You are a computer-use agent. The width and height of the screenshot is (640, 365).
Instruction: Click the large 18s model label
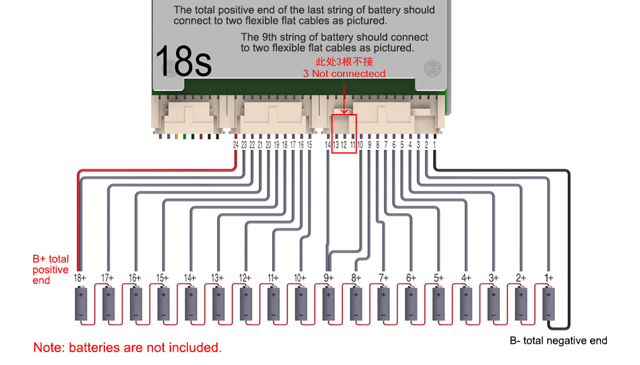click(x=184, y=61)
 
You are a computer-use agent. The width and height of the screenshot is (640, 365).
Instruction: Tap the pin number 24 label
click(x=236, y=145)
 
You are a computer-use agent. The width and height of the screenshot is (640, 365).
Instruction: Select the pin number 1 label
click(x=435, y=145)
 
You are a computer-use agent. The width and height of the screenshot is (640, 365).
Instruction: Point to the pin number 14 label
click(x=327, y=145)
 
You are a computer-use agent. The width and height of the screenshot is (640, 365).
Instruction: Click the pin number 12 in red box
click(x=344, y=145)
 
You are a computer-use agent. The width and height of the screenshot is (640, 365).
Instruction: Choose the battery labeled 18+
click(x=81, y=304)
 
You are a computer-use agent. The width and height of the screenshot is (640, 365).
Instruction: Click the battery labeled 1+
click(x=548, y=304)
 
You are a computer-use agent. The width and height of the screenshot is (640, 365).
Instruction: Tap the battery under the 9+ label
click(x=328, y=304)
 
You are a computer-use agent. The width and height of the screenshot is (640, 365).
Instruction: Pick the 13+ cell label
click(x=217, y=278)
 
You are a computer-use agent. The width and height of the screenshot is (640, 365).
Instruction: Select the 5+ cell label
click(x=438, y=278)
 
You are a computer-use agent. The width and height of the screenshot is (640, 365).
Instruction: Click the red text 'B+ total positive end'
click(x=51, y=270)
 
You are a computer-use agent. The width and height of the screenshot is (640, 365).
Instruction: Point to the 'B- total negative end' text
click(x=558, y=341)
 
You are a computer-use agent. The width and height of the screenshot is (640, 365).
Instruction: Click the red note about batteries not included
click(x=127, y=348)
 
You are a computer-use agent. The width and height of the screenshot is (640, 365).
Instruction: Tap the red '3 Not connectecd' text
click(x=344, y=74)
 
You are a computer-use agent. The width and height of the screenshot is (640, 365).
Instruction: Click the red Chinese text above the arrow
click(x=344, y=61)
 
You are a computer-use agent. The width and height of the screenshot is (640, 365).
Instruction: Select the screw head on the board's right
click(x=432, y=68)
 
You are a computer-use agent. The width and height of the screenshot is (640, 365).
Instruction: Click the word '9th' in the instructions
click(x=269, y=37)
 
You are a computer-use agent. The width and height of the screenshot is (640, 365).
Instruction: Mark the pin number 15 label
click(x=309, y=145)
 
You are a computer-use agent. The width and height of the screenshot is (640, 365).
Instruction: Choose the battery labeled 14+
click(x=191, y=304)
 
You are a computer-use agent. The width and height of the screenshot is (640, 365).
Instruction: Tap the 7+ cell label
click(x=383, y=278)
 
